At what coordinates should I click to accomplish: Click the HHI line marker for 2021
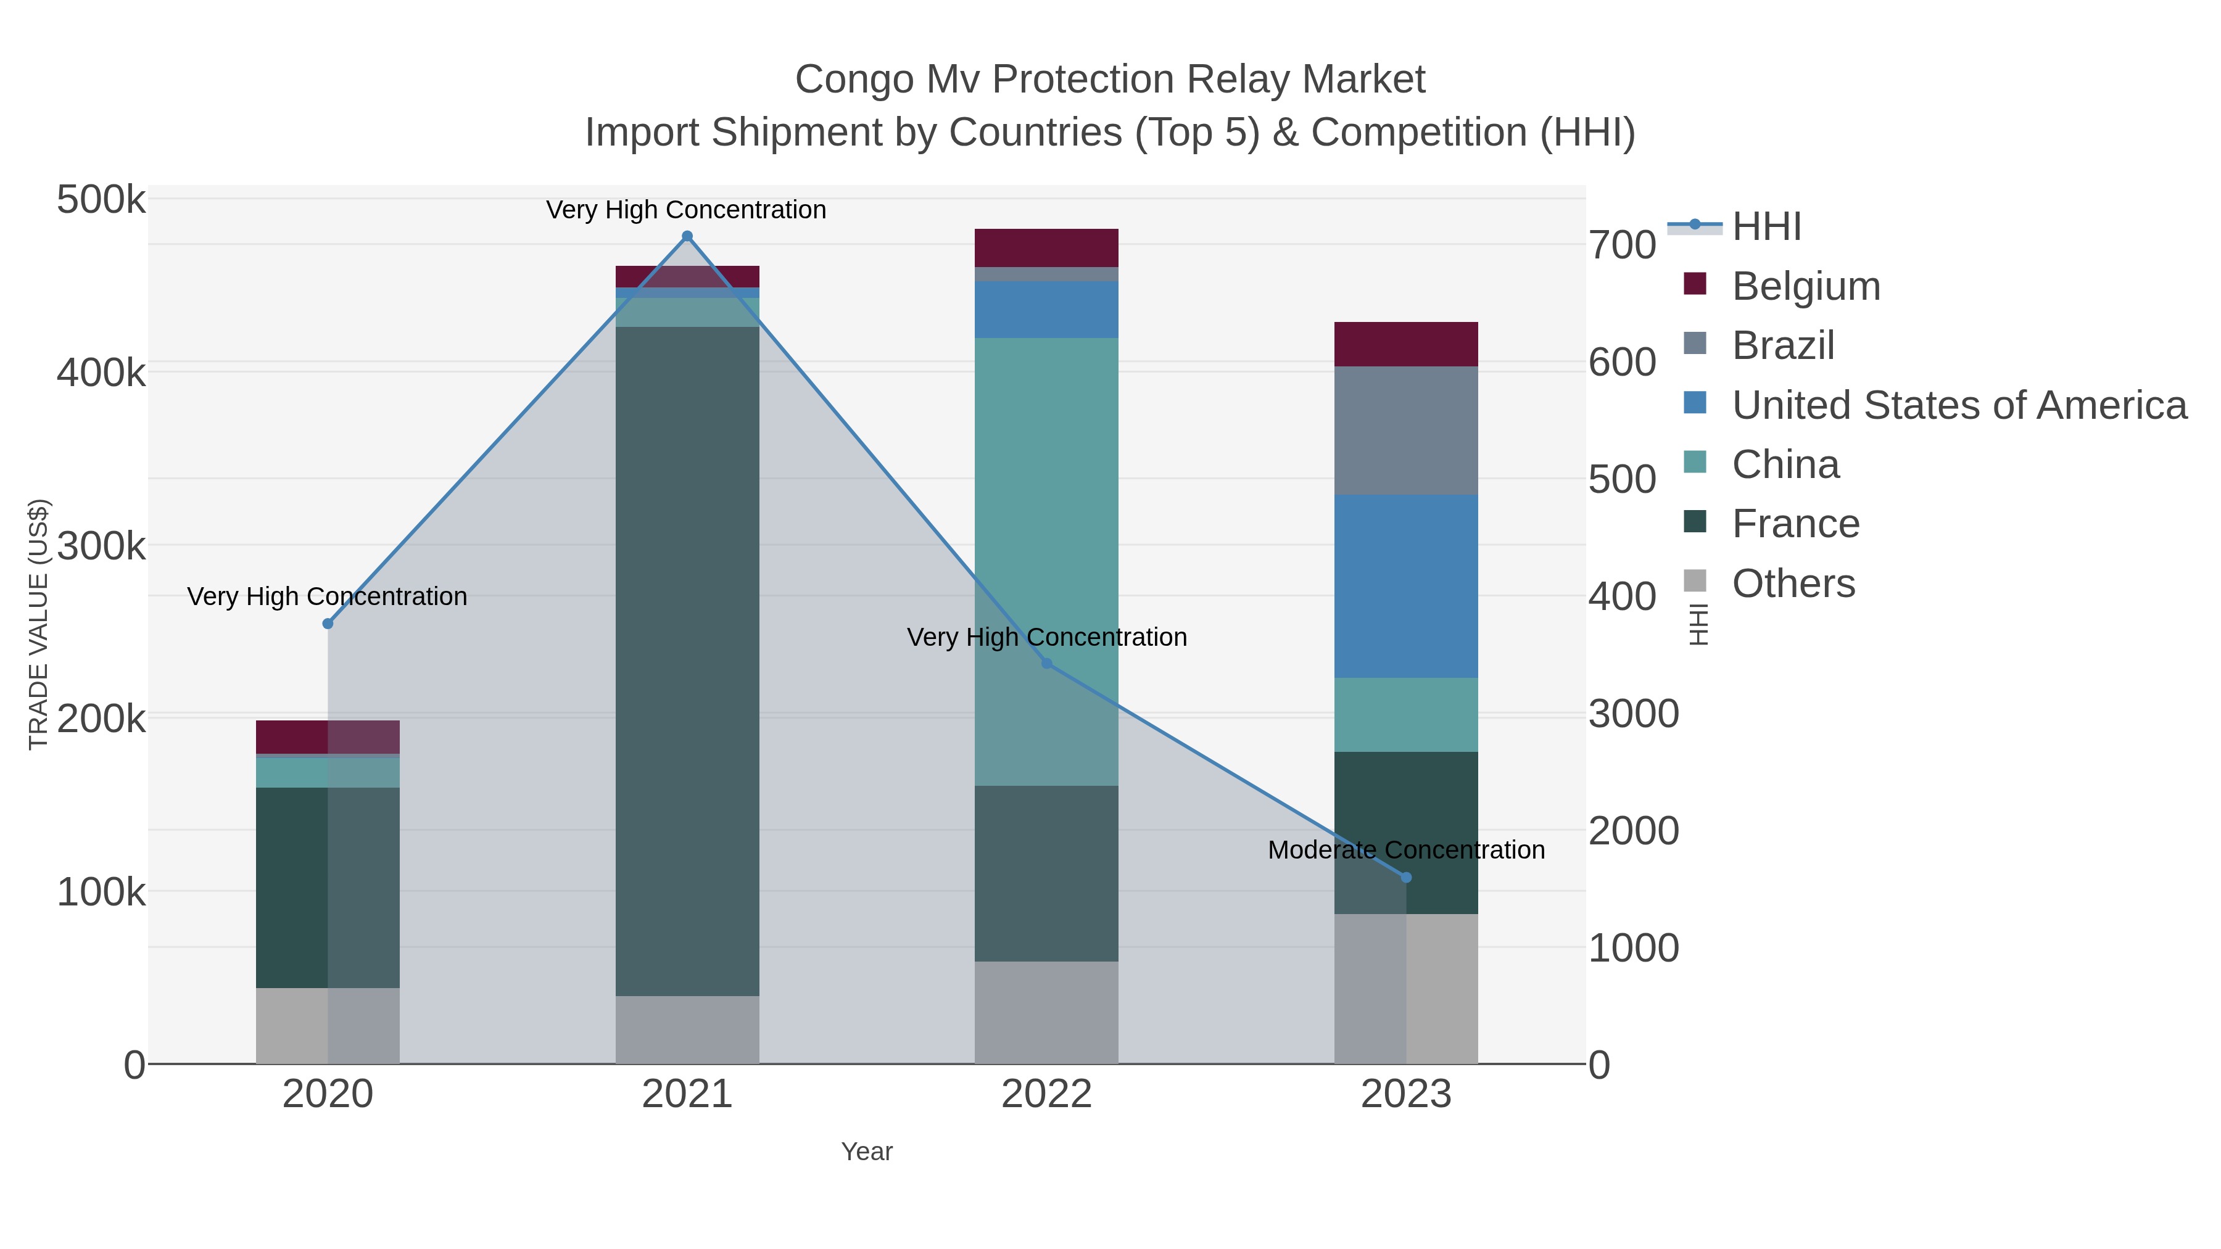click(x=687, y=236)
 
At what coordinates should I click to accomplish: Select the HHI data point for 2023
click(x=1406, y=878)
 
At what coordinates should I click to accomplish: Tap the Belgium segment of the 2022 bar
click(x=1046, y=248)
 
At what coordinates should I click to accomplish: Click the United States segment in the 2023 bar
click(x=1406, y=586)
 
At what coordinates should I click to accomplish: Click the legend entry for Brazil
click(x=1782, y=345)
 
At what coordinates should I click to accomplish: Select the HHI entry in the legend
click(x=1766, y=227)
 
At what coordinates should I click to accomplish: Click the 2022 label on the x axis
click(x=1046, y=1095)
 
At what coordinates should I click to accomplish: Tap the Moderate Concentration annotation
click(x=1405, y=850)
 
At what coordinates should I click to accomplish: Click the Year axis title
click(x=867, y=1152)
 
